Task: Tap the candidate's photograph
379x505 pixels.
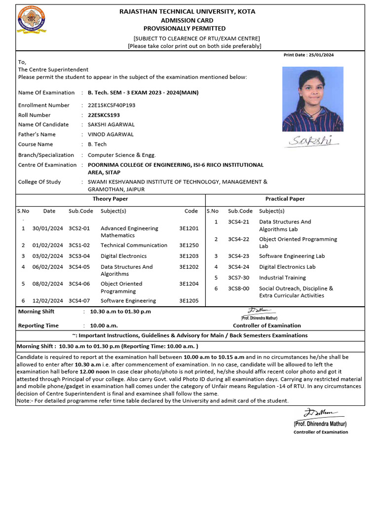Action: [x=312, y=99]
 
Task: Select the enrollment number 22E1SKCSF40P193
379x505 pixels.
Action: [x=111, y=105]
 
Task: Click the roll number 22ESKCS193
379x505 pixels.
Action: [x=104, y=115]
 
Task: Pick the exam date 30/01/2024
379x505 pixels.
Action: [x=48, y=228]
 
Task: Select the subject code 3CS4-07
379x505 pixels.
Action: [x=79, y=300]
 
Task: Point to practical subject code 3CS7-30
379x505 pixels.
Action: [x=238, y=278]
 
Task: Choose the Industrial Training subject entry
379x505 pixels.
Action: [x=282, y=278]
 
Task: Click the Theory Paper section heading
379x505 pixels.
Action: [x=110, y=199]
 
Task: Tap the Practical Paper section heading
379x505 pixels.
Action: [x=285, y=199]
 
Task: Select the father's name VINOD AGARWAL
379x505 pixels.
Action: [x=111, y=134]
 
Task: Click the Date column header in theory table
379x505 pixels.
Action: [x=49, y=211]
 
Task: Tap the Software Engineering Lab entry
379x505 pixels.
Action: [x=292, y=256]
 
